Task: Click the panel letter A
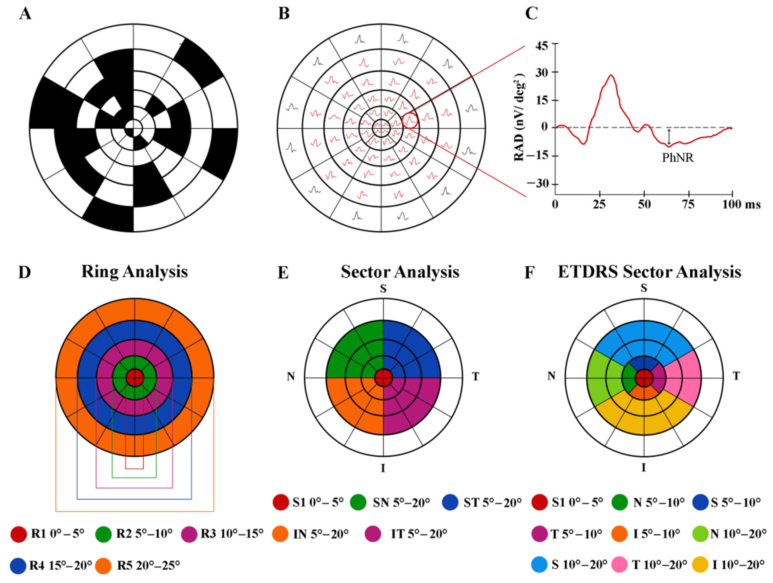pos(25,14)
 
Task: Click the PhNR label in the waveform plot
pos(677,158)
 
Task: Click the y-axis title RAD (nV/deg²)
pos(520,117)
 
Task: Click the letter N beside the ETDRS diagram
pos(551,376)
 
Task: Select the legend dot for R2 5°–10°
pos(103,534)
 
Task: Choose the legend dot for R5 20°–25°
pos(103,566)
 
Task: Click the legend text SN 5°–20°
pos(401,503)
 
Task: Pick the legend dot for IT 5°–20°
pos(373,534)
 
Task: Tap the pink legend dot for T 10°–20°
pos(620,565)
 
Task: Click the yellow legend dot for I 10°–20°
pos(700,565)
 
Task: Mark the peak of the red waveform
pos(611,75)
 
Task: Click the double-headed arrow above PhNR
pos(669,137)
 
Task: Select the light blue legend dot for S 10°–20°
pos(539,565)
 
